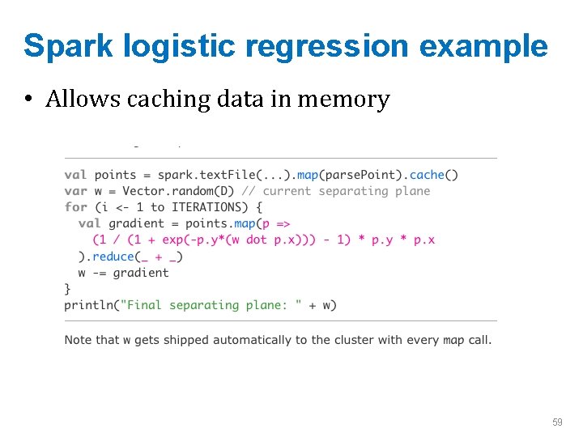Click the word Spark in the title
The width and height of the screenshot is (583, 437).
67,46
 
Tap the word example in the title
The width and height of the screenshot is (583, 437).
483,46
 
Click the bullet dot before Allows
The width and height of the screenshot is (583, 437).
29,100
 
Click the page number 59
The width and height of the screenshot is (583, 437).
557,422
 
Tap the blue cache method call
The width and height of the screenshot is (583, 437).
428,175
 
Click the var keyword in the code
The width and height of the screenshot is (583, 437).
75,191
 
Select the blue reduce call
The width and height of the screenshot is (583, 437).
113,257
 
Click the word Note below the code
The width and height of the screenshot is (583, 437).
79,340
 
